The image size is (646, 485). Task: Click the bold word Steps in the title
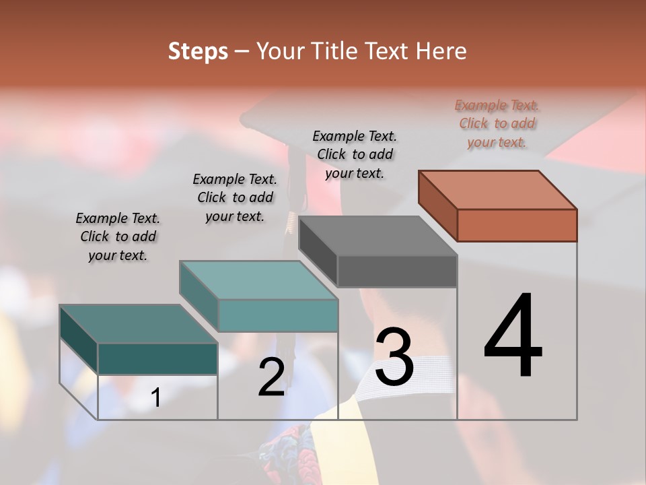point(198,51)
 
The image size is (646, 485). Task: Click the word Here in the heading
point(441,51)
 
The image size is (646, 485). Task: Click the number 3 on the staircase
point(394,357)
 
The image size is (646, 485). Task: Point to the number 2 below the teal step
point(271,377)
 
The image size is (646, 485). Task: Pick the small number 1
point(155,397)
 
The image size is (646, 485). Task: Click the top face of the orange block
point(498,189)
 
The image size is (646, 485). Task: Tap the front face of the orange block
point(517,225)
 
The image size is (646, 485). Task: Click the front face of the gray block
point(397,271)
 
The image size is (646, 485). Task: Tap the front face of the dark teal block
point(157,358)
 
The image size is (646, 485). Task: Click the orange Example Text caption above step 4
point(497,123)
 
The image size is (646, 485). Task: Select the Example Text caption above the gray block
point(355,154)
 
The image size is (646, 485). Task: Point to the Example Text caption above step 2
point(235,197)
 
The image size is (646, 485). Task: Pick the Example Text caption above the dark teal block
point(118,236)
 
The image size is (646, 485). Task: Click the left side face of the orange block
point(437,205)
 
